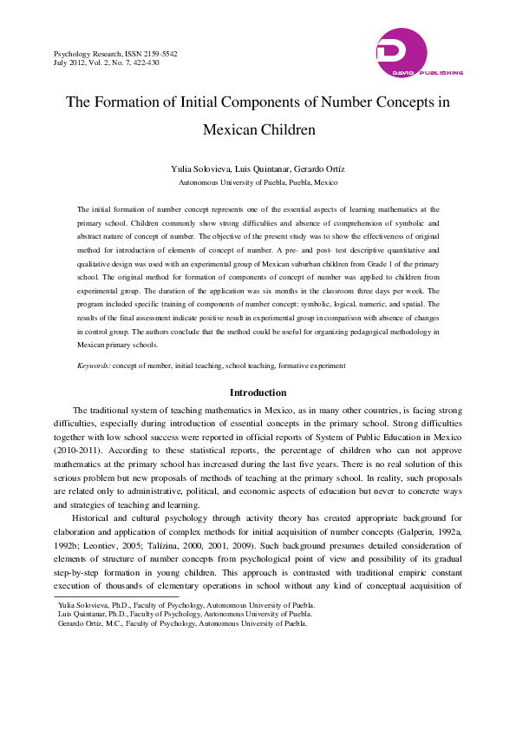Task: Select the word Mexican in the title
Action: pos(232,130)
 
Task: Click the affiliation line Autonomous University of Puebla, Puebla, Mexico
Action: pos(258,183)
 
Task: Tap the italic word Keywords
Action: pos(93,365)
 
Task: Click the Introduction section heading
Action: pos(258,392)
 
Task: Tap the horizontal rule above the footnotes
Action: pos(116,597)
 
